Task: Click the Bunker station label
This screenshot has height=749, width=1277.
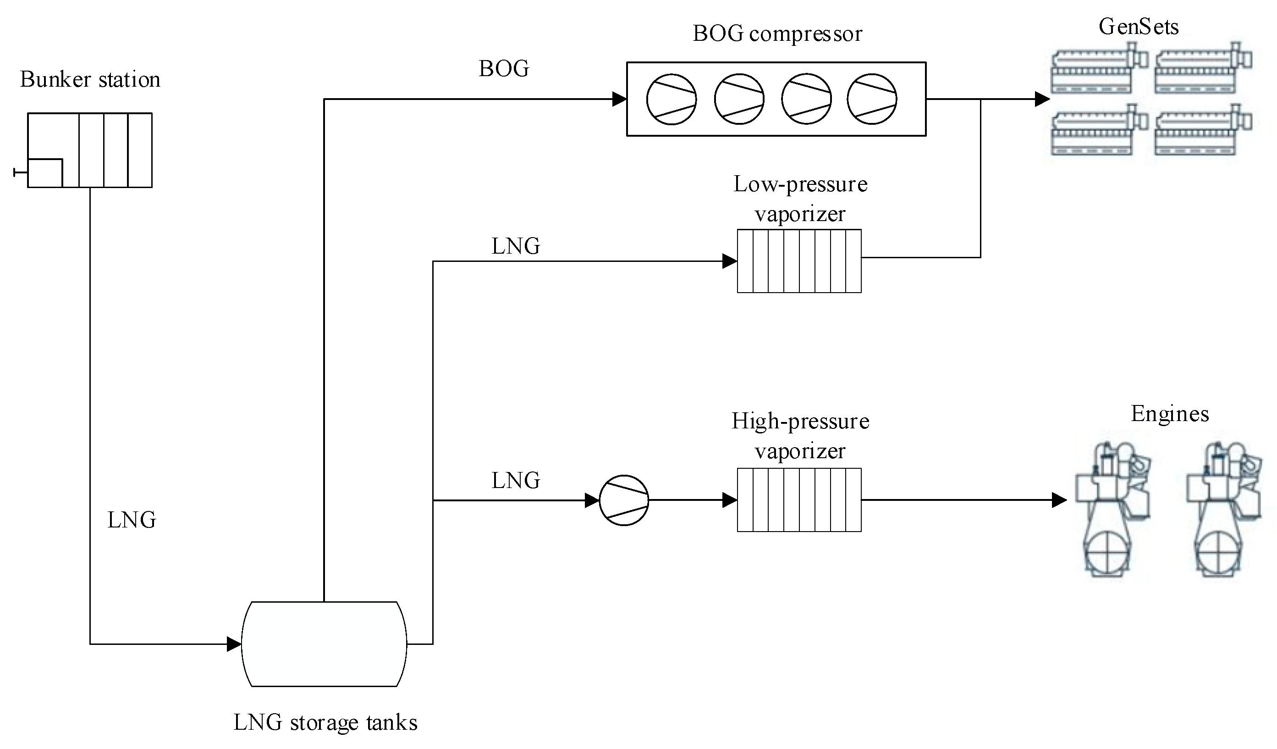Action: [x=90, y=80]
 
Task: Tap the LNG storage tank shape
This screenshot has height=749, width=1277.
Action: [x=325, y=644]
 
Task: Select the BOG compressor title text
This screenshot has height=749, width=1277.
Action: [x=777, y=34]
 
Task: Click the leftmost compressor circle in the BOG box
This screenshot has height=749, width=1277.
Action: [x=672, y=100]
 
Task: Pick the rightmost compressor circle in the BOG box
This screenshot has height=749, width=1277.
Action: [x=872, y=100]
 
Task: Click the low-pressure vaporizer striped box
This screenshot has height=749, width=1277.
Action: [x=799, y=261]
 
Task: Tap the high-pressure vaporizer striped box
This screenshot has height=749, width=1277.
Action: [x=799, y=500]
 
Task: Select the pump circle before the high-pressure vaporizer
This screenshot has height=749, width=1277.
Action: [x=624, y=500]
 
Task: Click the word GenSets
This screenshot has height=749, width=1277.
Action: [x=1138, y=27]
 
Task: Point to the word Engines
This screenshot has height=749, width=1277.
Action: [x=1170, y=414]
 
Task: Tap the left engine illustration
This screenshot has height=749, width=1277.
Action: [x=1112, y=510]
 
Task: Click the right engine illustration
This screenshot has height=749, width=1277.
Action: [x=1224, y=510]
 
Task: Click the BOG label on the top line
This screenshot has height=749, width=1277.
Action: [x=504, y=69]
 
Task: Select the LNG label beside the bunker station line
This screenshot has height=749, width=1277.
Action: [x=132, y=520]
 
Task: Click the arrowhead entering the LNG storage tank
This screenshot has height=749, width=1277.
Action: [x=234, y=644]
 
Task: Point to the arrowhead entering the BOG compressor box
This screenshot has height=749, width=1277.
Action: [x=619, y=100]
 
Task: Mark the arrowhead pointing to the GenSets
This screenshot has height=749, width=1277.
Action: [x=1042, y=100]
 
